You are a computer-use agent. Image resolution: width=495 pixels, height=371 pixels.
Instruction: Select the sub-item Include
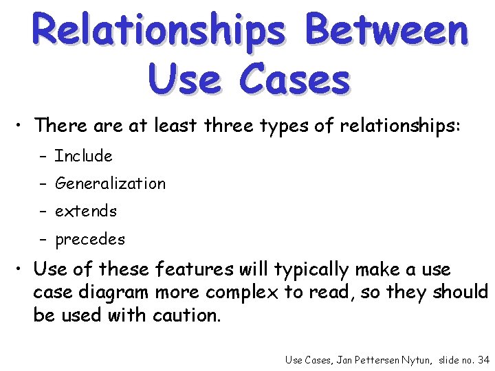[x=83, y=156]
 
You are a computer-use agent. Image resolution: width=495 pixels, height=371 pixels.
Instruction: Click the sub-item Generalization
[x=110, y=183]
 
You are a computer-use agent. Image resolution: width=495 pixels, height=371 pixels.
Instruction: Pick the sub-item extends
[x=86, y=211]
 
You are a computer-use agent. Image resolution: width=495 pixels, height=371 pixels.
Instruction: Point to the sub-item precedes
[x=90, y=240]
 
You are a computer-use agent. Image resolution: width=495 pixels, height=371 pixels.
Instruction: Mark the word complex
[x=236, y=293]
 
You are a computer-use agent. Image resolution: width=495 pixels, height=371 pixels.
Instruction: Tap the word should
[x=461, y=292]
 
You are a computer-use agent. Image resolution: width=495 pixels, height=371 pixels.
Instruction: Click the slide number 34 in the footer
[x=483, y=359]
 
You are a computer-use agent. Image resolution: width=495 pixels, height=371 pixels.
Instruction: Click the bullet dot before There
[x=22, y=126]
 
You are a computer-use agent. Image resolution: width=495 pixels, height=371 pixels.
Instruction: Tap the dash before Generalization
[x=42, y=184]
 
